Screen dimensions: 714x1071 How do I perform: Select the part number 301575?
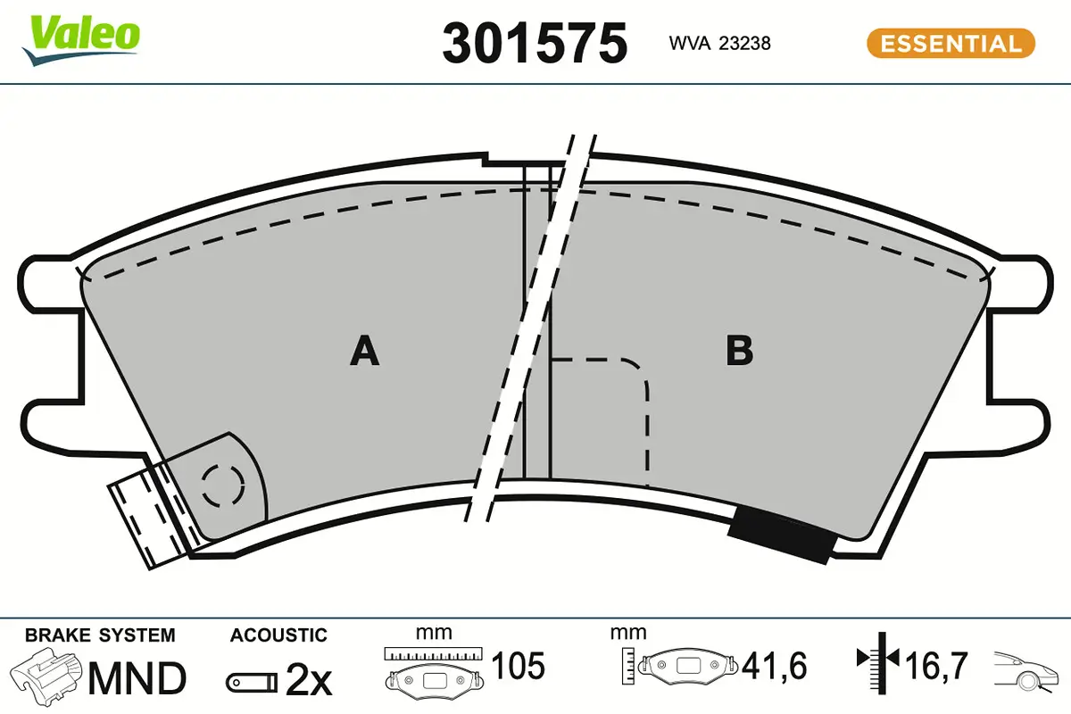coord(535,43)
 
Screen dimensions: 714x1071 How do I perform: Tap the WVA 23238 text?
coord(719,43)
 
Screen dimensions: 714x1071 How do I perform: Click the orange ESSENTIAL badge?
coord(951,43)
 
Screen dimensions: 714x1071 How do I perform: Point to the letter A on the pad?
coord(364,351)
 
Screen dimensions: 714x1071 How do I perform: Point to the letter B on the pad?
coord(739,351)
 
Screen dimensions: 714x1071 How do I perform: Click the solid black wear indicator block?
coord(782,535)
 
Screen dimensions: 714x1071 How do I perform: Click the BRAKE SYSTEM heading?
coord(100,635)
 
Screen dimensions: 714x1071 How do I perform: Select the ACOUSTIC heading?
coord(278,635)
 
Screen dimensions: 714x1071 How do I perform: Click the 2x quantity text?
coord(309,682)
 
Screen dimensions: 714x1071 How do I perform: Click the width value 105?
coord(519,667)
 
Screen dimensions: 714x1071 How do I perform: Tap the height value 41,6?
coord(774,667)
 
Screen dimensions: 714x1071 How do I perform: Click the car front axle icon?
coord(1027,669)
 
